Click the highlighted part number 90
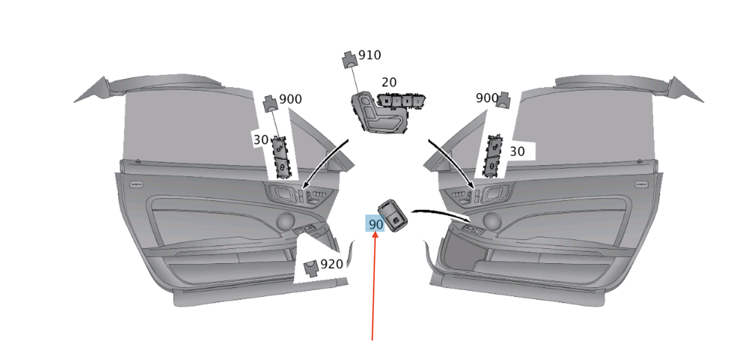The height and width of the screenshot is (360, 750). tap(375, 224)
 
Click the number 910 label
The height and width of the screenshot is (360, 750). tap(369, 55)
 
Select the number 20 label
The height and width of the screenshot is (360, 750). tap(389, 82)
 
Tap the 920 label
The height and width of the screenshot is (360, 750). tap(331, 264)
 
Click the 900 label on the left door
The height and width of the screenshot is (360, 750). tap(290, 99)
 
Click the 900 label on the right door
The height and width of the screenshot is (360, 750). tap(486, 97)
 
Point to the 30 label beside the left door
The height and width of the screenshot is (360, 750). tap(261, 140)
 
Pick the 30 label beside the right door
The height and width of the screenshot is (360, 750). tap(517, 151)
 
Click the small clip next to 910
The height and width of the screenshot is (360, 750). tap(348, 60)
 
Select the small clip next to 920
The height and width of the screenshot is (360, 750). tap(311, 268)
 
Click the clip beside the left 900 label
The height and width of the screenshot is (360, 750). tap(270, 104)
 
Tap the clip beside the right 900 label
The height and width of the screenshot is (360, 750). tap(503, 99)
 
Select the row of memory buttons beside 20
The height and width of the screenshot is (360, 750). tap(401, 100)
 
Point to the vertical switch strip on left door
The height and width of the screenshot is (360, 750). tap(281, 158)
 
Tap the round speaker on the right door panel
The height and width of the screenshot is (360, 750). tap(491, 220)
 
